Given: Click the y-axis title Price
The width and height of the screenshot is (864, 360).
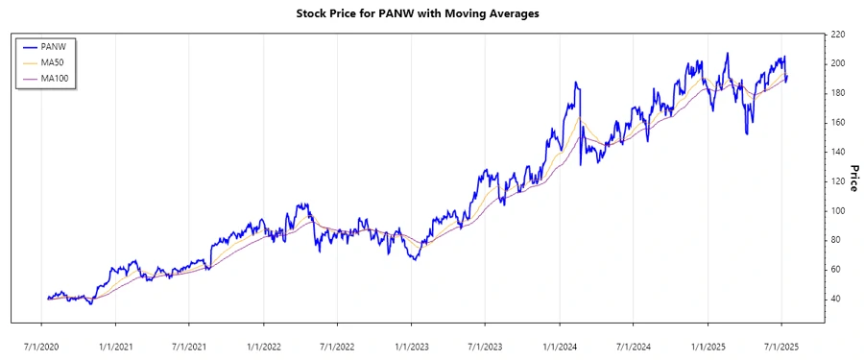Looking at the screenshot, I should click(852, 178).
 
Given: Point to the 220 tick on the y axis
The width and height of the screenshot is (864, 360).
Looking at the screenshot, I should click(837, 34).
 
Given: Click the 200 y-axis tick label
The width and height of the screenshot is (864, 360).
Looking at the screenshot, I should click(837, 63).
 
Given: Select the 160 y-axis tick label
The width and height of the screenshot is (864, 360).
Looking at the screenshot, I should click(837, 122).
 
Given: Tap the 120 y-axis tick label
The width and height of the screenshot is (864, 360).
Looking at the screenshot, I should click(837, 180).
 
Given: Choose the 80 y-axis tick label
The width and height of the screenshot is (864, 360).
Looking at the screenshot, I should click(835, 240).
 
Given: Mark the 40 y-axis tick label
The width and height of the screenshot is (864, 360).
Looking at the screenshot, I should click(835, 299).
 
